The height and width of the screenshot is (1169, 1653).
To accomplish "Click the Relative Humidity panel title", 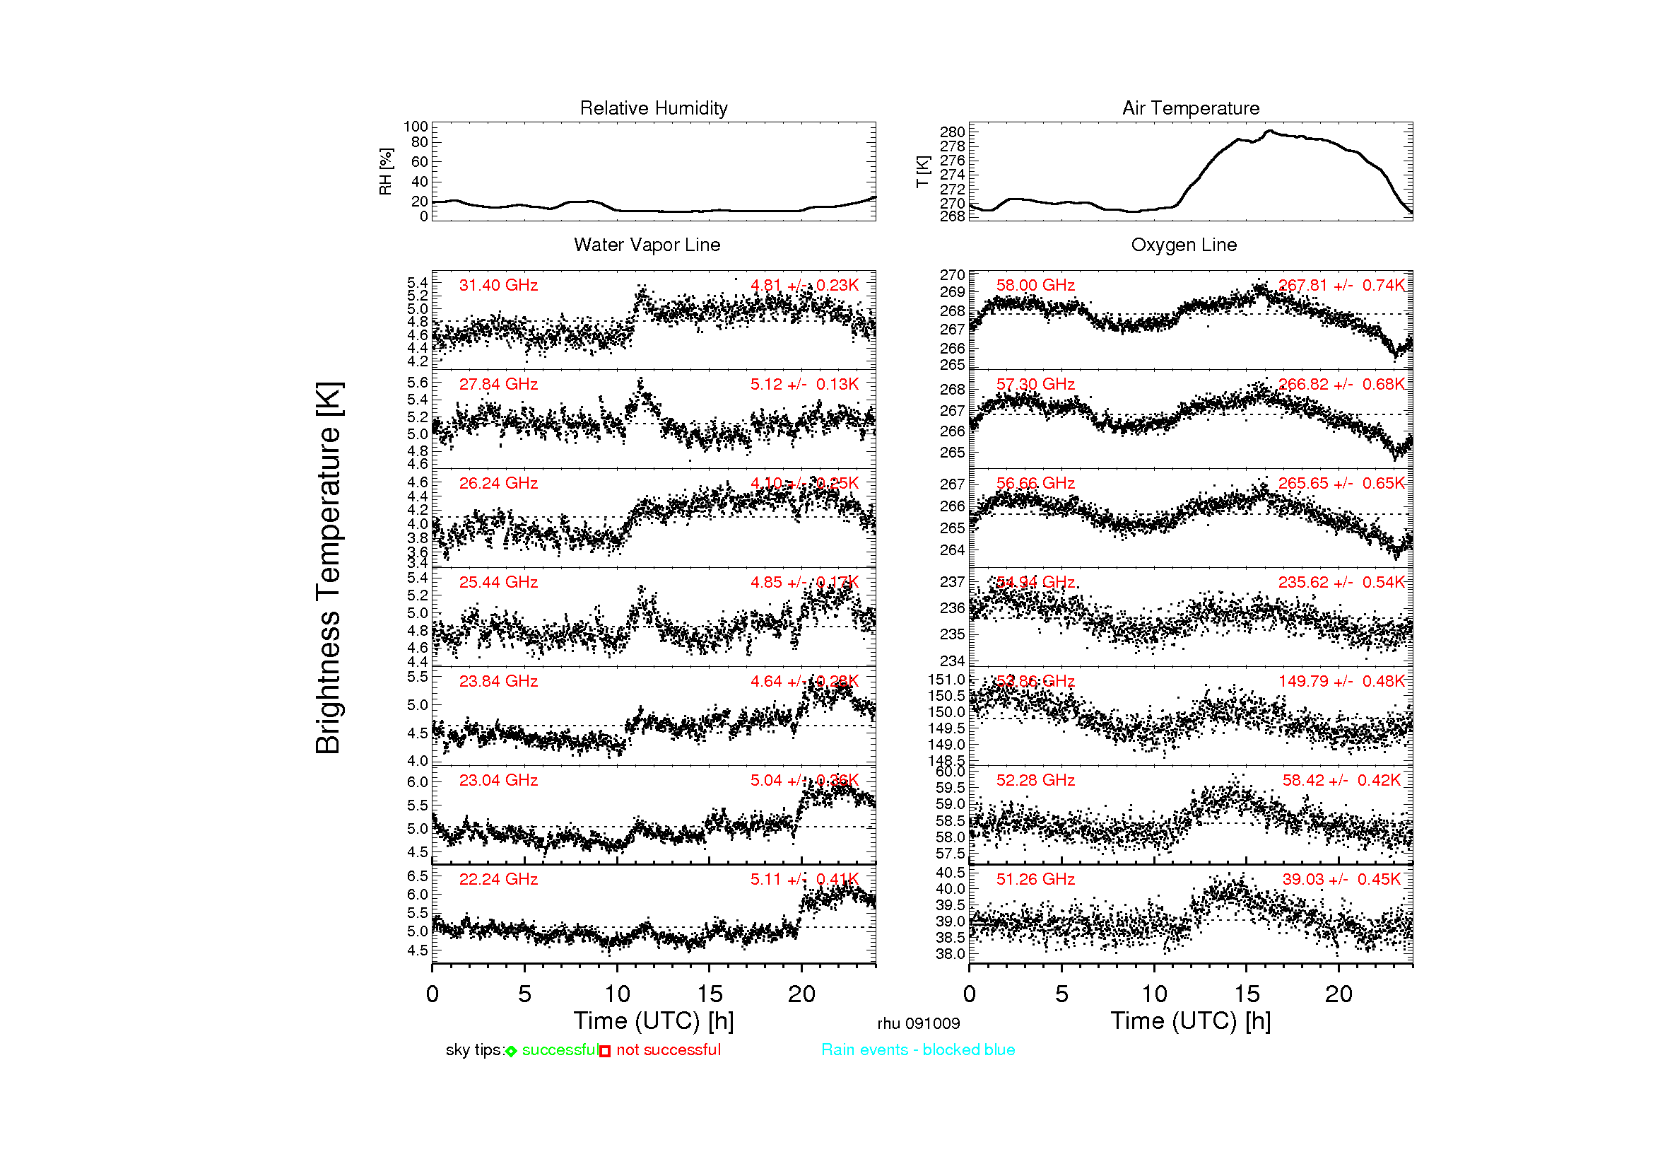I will point(653,108).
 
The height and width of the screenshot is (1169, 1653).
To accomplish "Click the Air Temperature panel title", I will point(1190,108).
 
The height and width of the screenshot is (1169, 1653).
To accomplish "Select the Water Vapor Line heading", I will point(647,245).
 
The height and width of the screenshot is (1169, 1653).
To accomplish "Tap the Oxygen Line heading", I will point(1184,245).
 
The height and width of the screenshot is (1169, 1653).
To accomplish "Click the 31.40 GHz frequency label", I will point(498,285).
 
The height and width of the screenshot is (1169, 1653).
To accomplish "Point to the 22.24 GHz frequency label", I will point(498,880).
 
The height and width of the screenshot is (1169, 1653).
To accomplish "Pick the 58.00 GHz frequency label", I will point(1035,285).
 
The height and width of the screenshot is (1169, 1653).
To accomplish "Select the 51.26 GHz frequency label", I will point(1035,880).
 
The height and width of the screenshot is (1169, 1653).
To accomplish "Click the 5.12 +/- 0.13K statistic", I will point(804,385).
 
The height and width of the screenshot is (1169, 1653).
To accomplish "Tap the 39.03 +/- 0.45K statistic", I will point(1341,880).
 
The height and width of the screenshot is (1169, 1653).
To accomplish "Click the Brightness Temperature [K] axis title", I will point(329,568).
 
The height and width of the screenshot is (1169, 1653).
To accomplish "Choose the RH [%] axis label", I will point(386,171).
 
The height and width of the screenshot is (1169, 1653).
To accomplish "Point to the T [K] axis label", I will point(922,171).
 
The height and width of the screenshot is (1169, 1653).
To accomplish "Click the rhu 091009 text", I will point(918,1023).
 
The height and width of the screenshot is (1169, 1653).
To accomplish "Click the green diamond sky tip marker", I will point(511,1052).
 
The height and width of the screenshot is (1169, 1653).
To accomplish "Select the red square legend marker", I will point(605,1052).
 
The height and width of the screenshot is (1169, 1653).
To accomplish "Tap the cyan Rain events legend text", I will point(918,1050).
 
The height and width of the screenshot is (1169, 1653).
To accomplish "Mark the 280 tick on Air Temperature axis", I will point(952,132).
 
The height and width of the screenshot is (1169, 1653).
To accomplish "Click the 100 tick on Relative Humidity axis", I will point(416,127).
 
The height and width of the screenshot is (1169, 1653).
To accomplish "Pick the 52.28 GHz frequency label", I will point(1035,781).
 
